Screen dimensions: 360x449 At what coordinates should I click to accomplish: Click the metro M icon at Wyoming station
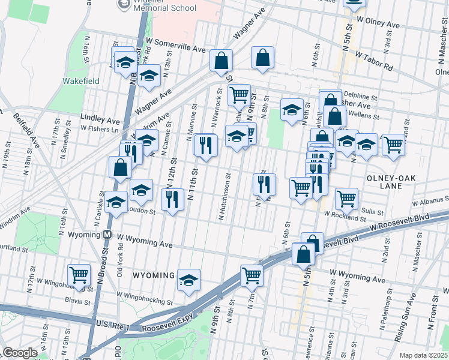107,234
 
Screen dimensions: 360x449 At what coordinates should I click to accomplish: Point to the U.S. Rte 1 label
114,324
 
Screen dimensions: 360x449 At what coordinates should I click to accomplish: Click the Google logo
20,353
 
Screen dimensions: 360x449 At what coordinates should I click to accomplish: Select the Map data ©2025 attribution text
423,355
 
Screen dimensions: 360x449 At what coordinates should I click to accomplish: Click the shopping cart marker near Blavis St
79,275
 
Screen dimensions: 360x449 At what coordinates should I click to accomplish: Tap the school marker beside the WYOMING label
188,280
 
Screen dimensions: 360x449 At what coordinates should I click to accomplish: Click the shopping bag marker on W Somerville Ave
221,61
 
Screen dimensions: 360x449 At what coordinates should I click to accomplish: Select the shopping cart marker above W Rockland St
346,199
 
